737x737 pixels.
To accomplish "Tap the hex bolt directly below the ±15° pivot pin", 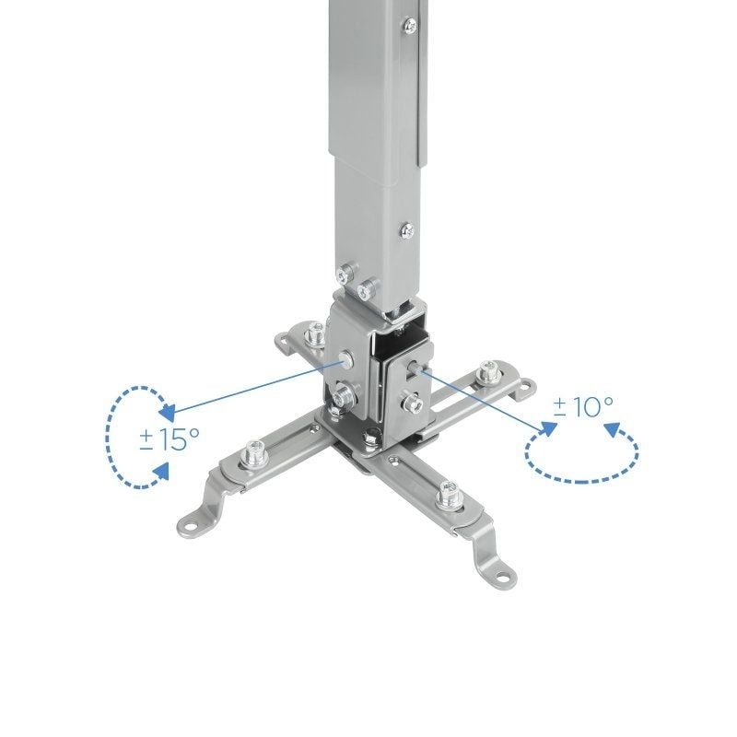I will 343,399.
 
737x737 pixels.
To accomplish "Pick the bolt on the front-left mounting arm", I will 253,453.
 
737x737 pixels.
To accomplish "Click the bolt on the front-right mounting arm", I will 450,496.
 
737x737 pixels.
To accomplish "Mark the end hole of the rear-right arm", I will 528,384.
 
